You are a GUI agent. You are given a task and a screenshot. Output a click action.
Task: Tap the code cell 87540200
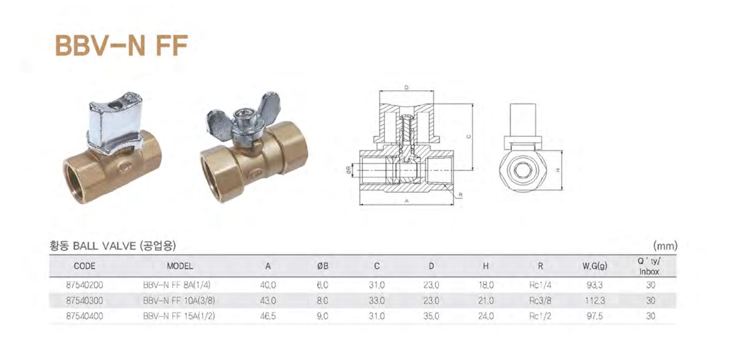pyautogui.click(x=85, y=285)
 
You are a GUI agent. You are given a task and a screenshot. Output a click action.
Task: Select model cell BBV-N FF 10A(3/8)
pyautogui.click(x=179, y=301)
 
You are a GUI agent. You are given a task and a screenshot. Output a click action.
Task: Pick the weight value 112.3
pyautogui.click(x=595, y=301)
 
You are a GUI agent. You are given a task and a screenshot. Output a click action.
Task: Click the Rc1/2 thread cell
pyautogui.click(x=540, y=316)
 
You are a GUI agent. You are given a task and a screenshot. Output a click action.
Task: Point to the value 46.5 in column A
pyautogui.click(x=268, y=316)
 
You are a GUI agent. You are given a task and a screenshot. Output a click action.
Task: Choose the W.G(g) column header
pyautogui.click(x=595, y=266)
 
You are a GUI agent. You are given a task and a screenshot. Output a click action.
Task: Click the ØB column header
pyautogui.click(x=322, y=266)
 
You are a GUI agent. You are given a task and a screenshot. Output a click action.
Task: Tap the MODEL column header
pyautogui.click(x=179, y=266)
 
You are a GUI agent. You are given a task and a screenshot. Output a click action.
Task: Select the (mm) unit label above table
pyautogui.click(x=665, y=245)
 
